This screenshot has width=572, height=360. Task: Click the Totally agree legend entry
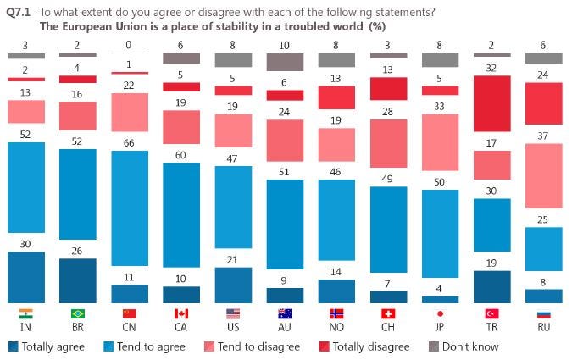pos(47,346)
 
